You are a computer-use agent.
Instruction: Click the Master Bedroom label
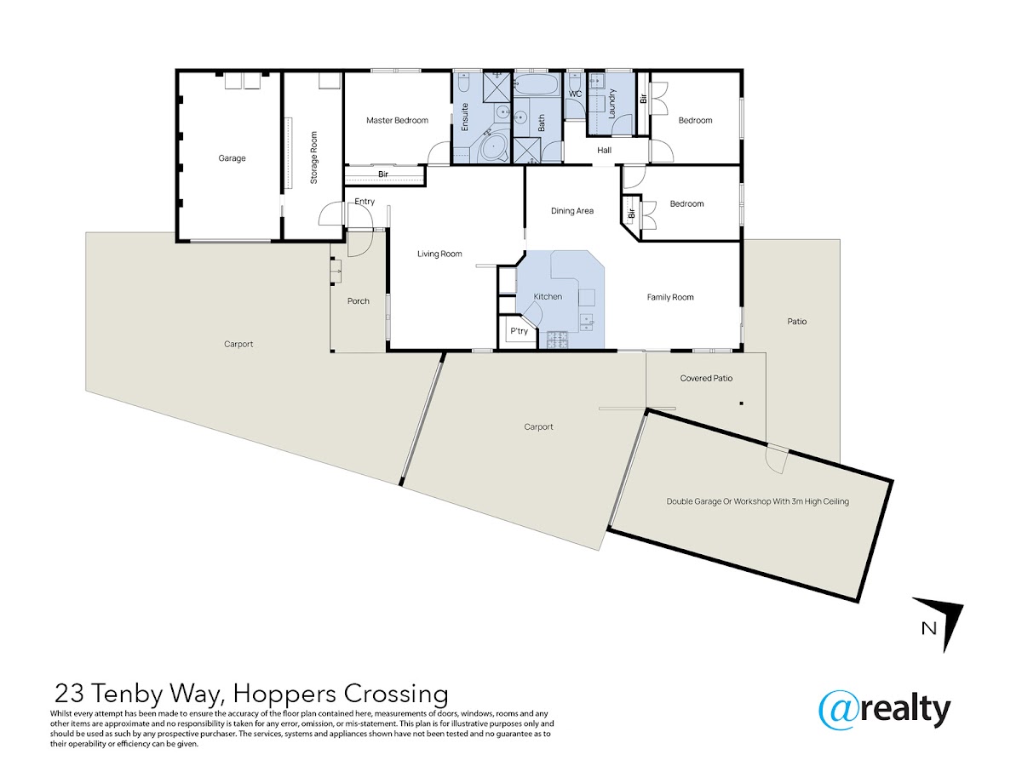coord(397,121)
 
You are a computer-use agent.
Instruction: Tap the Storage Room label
coord(313,157)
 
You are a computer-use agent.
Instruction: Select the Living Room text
coord(439,254)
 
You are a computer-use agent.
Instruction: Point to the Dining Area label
coord(571,211)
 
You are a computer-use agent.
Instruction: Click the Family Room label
coord(669,297)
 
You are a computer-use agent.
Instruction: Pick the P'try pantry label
coord(519,331)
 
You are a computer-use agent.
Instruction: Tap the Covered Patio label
coord(706,378)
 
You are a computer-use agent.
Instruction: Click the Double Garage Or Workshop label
coord(757,501)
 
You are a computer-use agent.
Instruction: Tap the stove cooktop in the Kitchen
coord(557,340)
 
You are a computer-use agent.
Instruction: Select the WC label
coord(575,94)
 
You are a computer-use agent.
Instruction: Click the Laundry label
coord(611,103)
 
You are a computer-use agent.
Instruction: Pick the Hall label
coord(604,151)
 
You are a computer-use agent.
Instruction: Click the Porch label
coord(358,301)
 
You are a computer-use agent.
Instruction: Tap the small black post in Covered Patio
coord(741,403)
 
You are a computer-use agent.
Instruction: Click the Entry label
coord(365,202)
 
